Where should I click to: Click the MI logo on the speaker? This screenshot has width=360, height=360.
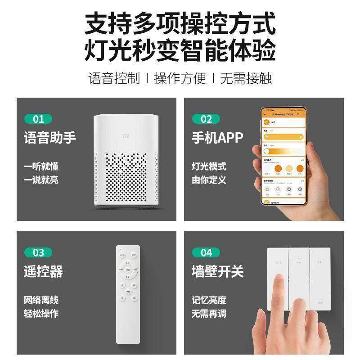pyautogui.click(x=126, y=134)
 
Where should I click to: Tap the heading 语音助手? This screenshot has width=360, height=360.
pyautogui.click(x=50, y=138)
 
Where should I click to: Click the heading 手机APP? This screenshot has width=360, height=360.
pyautogui.click(x=217, y=138)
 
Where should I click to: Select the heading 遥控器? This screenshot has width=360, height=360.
pyautogui.click(x=43, y=271)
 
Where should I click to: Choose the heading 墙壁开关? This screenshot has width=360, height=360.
pyautogui.click(x=217, y=271)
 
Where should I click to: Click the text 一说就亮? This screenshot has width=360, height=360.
pyautogui.click(x=41, y=180)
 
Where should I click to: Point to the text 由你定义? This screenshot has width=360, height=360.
pyautogui.click(x=209, y=180)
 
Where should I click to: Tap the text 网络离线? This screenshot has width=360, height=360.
pyautogui.click(x=41, y=300)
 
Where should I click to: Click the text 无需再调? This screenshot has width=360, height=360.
pyautogui.click(x=209, y=313)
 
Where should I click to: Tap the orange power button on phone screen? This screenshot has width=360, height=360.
pyautogui.click(x=267, y=122)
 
